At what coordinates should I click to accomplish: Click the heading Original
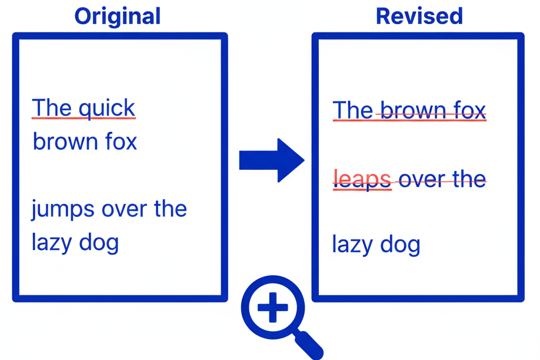[x=117, y=16]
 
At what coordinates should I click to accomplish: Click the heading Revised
[x=419, y=16]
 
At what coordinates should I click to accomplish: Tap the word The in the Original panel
[x=52, y=108]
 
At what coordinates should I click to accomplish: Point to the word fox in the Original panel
[x=121, y=142]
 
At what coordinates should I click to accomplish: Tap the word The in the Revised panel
[x=353, y=110]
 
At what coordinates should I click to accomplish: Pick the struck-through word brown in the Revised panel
[x=412, y=110]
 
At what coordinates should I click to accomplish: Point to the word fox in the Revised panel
[x=469, y=110]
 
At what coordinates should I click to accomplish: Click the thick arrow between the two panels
[x=271, y=160]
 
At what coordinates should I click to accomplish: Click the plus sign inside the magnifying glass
[x=272, y=307]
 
